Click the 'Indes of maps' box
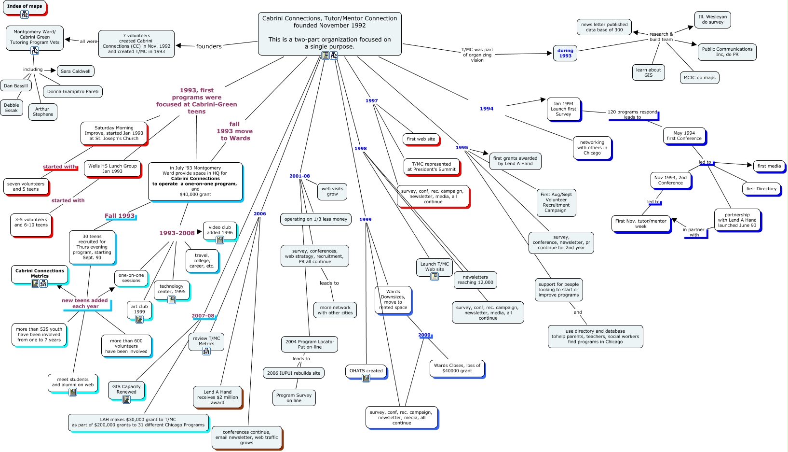pyautogui.click(x=24, y=7)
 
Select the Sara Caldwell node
pyautogui.click(x=76, y=71)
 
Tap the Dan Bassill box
pyautogui.click(x=16, y=86)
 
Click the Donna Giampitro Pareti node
pyautogui.click(x=73, y=92)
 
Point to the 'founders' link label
pyautogui.click(x=209, y=46)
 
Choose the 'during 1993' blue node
pyautogui.click(x=565, y=53)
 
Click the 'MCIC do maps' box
pyautogui.click(x=699, y=78)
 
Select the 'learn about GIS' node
pyautogui.click(x=648, y=72)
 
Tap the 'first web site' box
pyautogui.click(x=421, y=139)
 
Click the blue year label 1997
pyautogui.click(x=371, y=101)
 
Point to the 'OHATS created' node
pyautogui.click(x=366, y=371)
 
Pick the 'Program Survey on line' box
pyautogui.click(x=294, y=398)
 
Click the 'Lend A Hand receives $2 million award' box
pyautogui.click(x=217, y=397)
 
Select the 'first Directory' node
pyautogui.click(x=761, y=189)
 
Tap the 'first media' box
pyautogui.click(x=769, y=166)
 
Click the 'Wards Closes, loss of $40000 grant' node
pyautogui.click(x=457, y=368)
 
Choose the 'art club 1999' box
pyautogui.click(x=139, y=310)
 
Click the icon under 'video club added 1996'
pyautogui.click(x=220, y=240)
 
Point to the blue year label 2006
pyautogui.click(x=259, y=214)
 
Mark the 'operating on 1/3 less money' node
pyautogui.click(x=315, y=219)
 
